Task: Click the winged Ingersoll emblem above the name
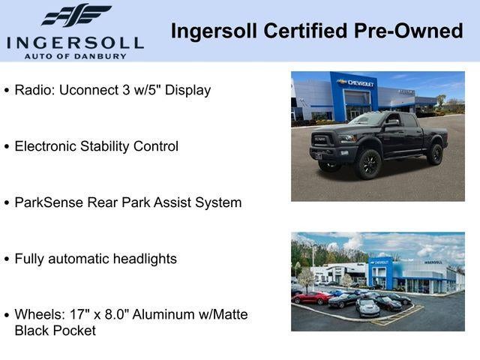click(x=76, y=16)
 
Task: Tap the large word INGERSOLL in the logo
click(x=75, y=41)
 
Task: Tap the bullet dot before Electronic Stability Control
click(x=7, y=147)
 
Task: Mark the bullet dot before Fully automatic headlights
click(x=7, y=259)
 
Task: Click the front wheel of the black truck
click(x=368, y=163)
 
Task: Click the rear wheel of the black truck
click(x=435, y=154)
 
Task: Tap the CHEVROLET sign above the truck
click(x=356, y=82)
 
